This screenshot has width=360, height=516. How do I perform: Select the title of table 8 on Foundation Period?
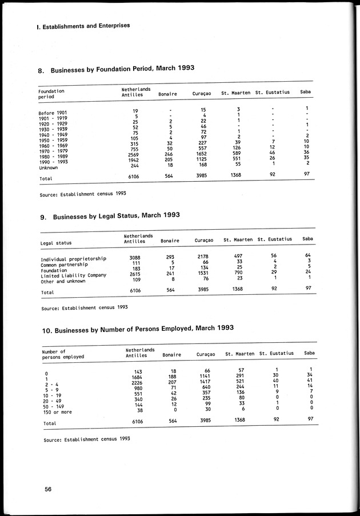coord(116,70)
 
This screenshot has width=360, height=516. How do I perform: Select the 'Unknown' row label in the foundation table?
coord(49,168)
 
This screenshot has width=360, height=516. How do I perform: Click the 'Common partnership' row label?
coord(65,265)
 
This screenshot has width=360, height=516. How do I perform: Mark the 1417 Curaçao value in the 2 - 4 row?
coord(203,381)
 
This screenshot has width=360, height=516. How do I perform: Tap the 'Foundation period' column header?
coord(51,94)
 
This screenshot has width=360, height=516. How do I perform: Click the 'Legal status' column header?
coord(56,243)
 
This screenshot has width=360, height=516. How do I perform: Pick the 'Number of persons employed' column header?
coord(63,354)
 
